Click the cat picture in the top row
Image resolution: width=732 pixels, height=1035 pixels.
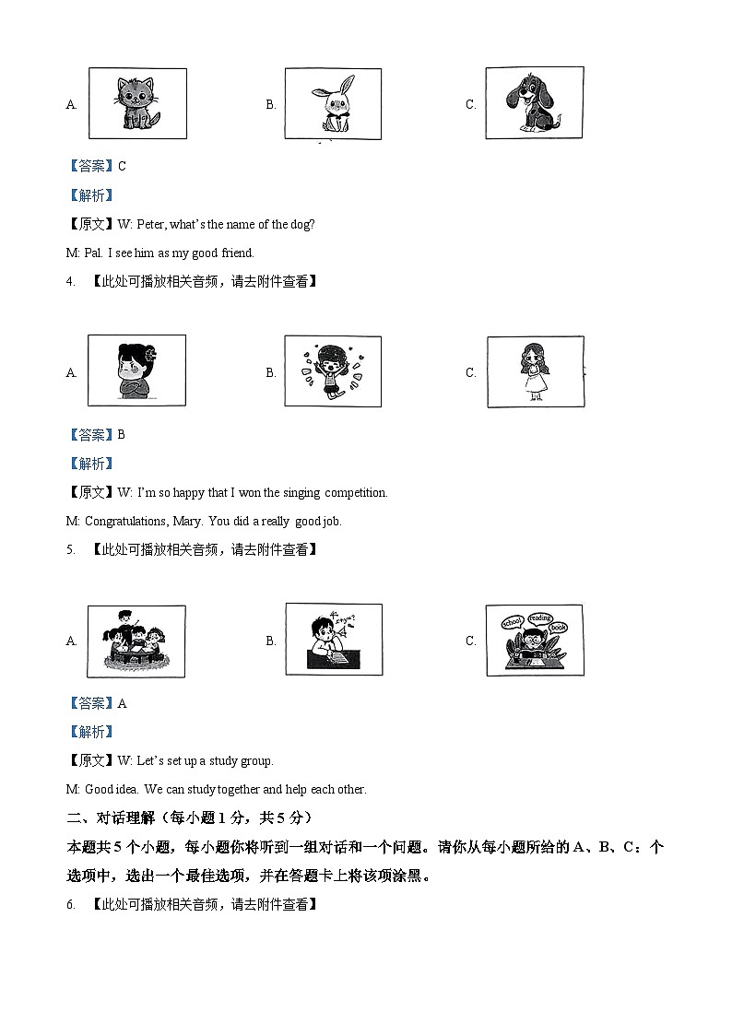tap(137, 103)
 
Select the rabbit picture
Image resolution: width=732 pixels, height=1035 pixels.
tap(333, 104)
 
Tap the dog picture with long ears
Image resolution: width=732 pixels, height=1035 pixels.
tap(534, 102)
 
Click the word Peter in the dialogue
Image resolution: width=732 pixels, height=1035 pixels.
tap(153, 224)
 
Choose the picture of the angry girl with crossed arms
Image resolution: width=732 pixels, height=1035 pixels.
tap(137, 370)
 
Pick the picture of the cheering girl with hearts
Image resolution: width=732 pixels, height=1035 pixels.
tap(333, 371)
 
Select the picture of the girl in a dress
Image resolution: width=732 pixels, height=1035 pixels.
tap(534, 370)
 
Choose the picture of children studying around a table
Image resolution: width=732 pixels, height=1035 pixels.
tap(136, 641)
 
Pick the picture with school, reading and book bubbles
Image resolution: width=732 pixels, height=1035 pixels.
tap(534, 640)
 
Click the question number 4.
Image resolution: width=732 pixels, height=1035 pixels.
tap(70, 281)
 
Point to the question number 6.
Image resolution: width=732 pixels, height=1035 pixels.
tap(70, 905)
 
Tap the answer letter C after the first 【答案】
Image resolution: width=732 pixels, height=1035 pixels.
tap(123, 166)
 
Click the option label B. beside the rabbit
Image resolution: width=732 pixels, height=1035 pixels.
tap(271, 104)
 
